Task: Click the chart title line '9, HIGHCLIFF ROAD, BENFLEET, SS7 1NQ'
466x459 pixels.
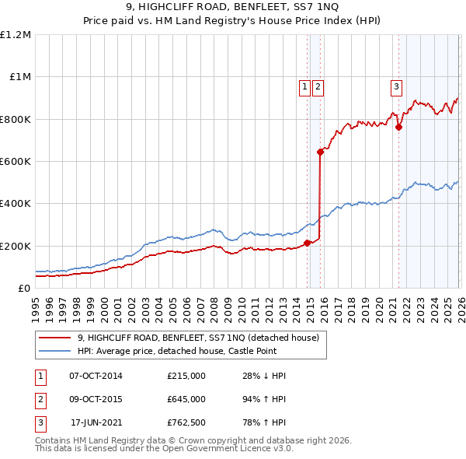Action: click(x=233, y=9)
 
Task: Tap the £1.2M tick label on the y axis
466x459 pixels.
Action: click(x=16, y=35)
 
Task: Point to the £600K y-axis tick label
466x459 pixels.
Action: click(x=16, y=162)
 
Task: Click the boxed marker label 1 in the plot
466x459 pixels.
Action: click(x=305, y=87)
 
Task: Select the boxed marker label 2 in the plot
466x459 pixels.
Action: click(x=318, y=87)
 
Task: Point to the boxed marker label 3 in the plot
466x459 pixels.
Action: click(x=396, y=87)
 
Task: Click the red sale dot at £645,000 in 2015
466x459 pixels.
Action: click(x=320, y=152)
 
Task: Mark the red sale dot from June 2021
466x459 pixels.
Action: click(x=398, y=127)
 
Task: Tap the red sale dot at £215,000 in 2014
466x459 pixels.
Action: click(x=307, y=243)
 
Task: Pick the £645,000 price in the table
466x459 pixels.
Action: click(x=186, y=399)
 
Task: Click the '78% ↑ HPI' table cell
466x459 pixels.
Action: click(x=264, y=422)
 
